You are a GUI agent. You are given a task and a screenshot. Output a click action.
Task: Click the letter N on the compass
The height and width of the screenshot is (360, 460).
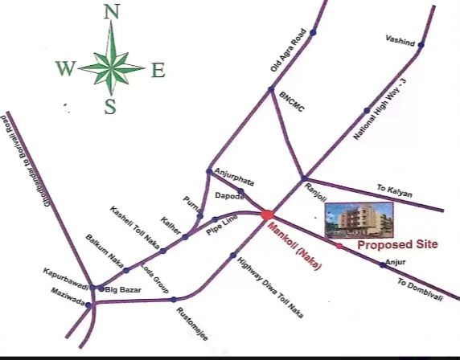(112, 12)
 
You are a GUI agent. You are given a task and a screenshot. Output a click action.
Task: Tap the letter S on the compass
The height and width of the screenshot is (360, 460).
(111, 106)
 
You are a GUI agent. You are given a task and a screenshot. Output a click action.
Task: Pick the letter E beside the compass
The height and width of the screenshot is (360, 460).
(158, 71)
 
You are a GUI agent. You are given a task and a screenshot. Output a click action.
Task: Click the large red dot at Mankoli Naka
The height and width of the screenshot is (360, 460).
(266, 214)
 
